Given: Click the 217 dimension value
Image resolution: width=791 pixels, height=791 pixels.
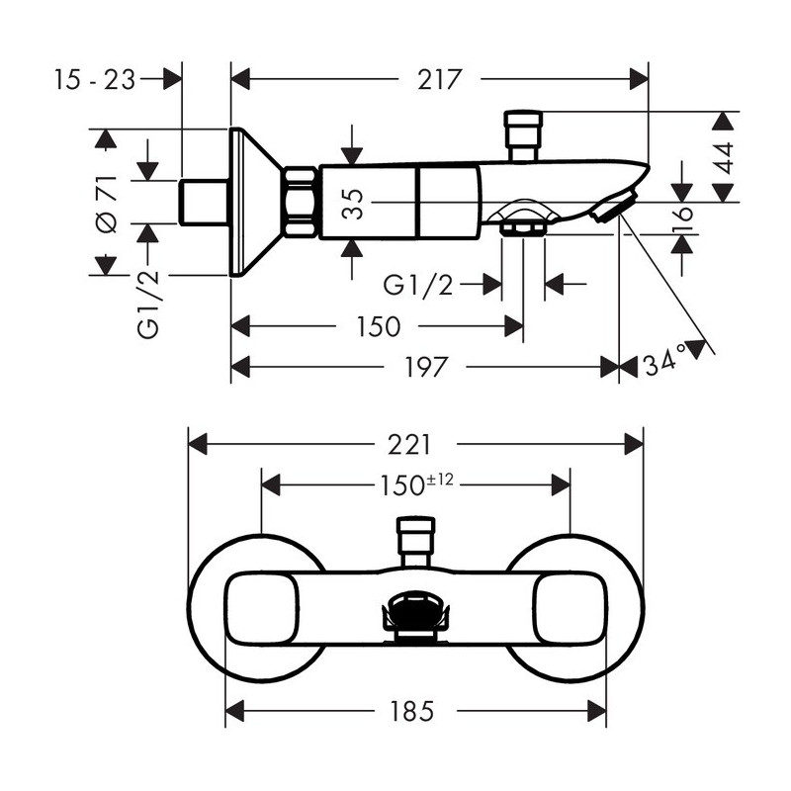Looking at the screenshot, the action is coord(439,80).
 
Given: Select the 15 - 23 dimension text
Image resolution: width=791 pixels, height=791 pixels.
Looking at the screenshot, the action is coord(95,80).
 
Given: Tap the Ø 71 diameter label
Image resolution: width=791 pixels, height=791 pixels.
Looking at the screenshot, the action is coord(108,205).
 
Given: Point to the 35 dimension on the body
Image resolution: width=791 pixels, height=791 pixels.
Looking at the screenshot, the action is coord(353,204).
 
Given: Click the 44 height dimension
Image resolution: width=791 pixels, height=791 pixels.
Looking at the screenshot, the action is coord(725,158).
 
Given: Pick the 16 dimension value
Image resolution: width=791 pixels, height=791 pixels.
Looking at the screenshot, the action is coord(682,220).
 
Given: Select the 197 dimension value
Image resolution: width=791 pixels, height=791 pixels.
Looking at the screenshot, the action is coord(426,367).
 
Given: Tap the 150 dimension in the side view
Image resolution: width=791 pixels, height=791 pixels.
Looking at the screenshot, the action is coord(379,326).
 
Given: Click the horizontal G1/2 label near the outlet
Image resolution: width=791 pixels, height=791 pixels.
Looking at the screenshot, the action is coord(418,286).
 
